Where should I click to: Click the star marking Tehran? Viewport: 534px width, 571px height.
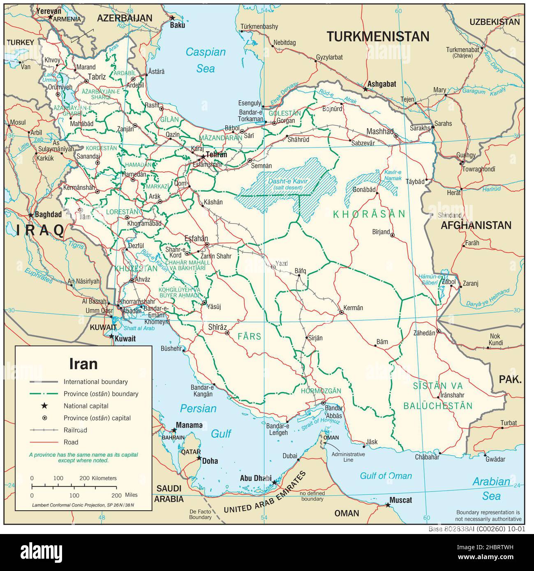click(x=202, y=157)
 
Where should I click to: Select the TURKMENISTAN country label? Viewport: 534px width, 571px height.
click(x=378, y=37)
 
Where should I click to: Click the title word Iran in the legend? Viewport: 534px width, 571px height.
click(x=83, y=364)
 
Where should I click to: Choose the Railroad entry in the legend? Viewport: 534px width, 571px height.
click(x=75, y=430)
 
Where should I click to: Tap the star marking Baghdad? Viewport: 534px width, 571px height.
click(x=31, y=215)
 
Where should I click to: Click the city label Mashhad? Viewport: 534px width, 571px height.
click(x=380, y=131)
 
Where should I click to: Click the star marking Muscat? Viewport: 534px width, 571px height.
click(x=387, y=504)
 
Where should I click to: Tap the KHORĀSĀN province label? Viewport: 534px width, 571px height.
click(x=369, y=214)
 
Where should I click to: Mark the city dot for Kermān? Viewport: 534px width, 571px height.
click(x=341, y=313)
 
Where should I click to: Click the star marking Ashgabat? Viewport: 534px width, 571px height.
click(x=365, y=89)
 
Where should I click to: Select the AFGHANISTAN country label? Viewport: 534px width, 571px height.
click(x=476, y=225)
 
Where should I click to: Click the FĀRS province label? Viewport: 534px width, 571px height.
click(x=249, y=336)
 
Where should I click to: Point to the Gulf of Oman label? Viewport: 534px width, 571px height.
click(x=386, y=476)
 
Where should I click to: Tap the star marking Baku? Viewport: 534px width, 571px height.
click(x=173, y=18)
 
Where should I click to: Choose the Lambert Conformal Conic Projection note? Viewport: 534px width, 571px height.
click(x=83, y=504)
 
